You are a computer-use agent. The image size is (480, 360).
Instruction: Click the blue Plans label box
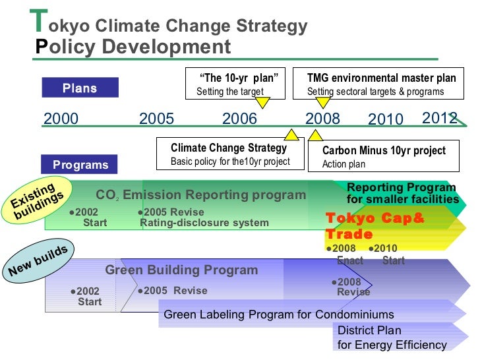[80, 88]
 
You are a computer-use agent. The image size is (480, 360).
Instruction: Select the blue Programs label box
[80, 164]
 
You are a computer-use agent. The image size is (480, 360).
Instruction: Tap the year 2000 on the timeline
[61, 119]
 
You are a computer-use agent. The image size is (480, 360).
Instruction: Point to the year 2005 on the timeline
[156, 119]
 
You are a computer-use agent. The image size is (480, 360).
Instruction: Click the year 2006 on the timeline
[239, 119]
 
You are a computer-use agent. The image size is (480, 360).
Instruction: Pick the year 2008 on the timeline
[322, 119]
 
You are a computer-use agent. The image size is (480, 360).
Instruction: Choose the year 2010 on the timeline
[385, 120]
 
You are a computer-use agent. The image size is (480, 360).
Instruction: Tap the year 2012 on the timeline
[439, 118]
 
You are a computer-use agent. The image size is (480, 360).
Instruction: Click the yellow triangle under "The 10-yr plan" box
[262, 102]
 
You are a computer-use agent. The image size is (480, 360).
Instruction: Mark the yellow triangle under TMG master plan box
[322, 102]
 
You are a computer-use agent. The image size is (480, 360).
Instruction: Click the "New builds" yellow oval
[38, 262]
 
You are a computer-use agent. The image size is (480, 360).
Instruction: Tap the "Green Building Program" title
[181, 270]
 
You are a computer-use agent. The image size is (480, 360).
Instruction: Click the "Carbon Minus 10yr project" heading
[384, 150]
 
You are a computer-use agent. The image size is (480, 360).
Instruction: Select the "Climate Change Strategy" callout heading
[229, 148]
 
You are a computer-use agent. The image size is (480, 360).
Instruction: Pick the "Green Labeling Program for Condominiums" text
[278, 315]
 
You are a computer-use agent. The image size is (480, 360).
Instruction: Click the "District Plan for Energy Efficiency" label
[392, 338]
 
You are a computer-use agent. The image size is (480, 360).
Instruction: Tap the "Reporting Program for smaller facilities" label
[402, 193]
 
